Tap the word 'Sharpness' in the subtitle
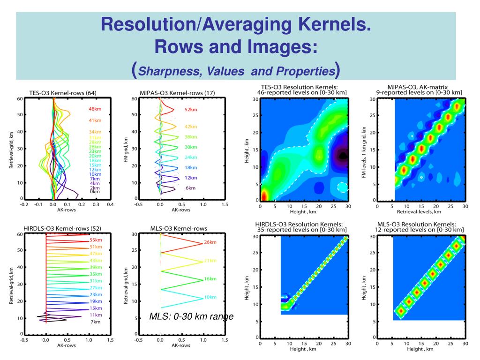(x=169, y=72)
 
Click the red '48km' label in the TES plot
(x=95, y=109)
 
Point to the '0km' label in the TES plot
(x=95, y=192)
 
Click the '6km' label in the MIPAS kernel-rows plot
(x=190, y=188)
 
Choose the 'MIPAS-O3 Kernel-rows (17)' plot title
(x=177, y=93)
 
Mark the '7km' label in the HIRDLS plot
(x=95, y=322)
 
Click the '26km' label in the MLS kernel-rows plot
(x=210, y=242)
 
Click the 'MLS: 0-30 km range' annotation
(x=191, y=317)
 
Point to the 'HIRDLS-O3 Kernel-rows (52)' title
(x=60, y=228)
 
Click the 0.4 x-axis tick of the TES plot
(x=111, y=204)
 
